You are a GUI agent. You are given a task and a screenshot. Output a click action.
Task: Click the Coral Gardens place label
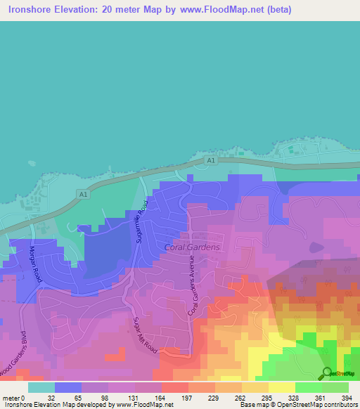[x=192, y=247]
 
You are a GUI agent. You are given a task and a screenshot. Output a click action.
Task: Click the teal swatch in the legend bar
[x=41, y=387]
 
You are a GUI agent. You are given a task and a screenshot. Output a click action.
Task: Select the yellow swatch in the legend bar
[x=281, y=387]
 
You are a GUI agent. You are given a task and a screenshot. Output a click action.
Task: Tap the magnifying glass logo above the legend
[x=326, y=373]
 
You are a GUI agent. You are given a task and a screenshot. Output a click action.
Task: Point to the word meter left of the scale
[x=11, y=398]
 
